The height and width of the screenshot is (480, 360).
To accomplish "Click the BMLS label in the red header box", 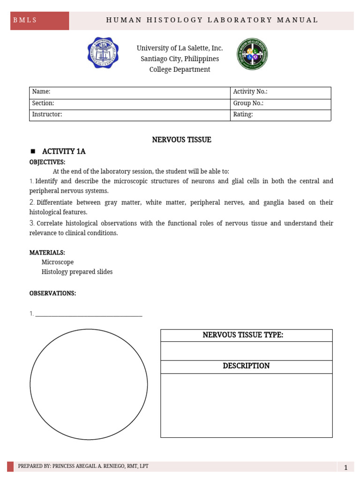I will click(25, 20).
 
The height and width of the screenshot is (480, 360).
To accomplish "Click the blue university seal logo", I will click(103, 53).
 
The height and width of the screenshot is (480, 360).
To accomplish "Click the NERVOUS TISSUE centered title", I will click(181, 140).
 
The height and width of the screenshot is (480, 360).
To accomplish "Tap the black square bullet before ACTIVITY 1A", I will click(33, 151).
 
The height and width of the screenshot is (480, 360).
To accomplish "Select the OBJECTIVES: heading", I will click(47, 162).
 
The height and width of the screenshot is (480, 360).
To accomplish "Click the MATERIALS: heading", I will click(47, 253).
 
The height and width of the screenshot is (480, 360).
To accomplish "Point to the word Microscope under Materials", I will click(57, 262).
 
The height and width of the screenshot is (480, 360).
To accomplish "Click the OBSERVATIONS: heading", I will click(52, 293).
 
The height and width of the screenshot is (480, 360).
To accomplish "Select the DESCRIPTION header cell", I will click(246, 366).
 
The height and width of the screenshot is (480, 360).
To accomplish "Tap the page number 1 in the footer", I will click(345, 467).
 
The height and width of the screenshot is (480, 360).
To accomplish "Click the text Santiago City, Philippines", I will click(180, 59).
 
